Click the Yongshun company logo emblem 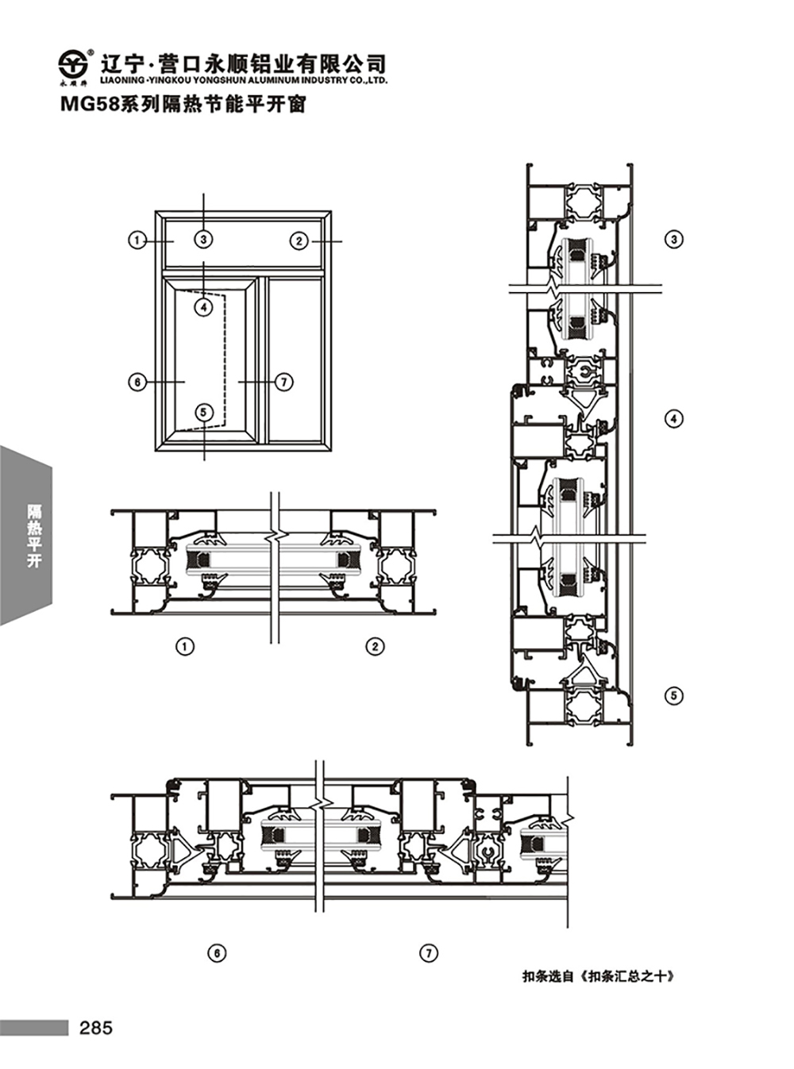coord(73,63)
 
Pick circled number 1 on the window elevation coord(137,240)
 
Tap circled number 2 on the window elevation coord(299,240)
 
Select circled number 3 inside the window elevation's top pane coord(203,239)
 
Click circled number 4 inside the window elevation coord(203,306)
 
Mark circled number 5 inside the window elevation coord(203,412)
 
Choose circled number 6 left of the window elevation coord(137,383)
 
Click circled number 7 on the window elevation coord(283,383)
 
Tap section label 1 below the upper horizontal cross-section coord(185,646)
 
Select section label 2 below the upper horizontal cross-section coord(376,646)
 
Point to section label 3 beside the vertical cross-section coord(674,240)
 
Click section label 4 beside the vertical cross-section coord(674,418)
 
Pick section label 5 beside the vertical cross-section coord(674,695)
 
